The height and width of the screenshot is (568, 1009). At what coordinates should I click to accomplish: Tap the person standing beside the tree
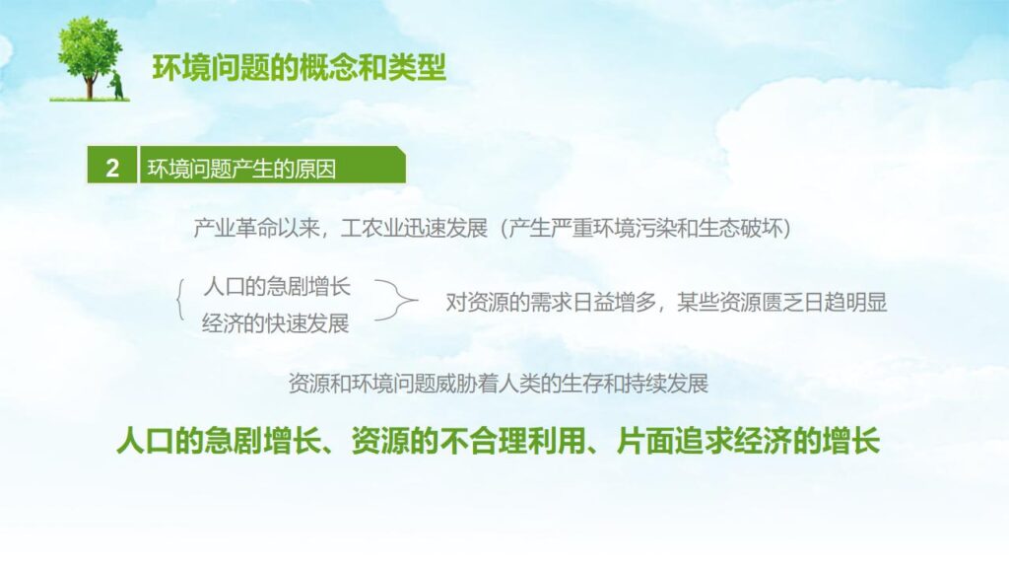tap(117, 86)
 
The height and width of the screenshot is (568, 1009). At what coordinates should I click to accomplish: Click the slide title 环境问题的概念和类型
tap(300, 67)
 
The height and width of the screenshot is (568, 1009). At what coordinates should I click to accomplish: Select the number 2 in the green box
tap(112, 169)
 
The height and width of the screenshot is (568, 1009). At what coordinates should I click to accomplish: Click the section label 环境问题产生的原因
tap(241, 169)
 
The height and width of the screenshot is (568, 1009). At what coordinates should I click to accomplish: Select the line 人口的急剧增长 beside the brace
tap(276, 287)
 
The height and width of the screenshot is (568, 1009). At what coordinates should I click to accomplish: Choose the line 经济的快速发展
tap(276, 323)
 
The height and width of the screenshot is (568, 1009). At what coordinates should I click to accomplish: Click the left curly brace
tap(180, 301)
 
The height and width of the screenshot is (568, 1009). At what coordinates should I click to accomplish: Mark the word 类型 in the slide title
tap(424, 67)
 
